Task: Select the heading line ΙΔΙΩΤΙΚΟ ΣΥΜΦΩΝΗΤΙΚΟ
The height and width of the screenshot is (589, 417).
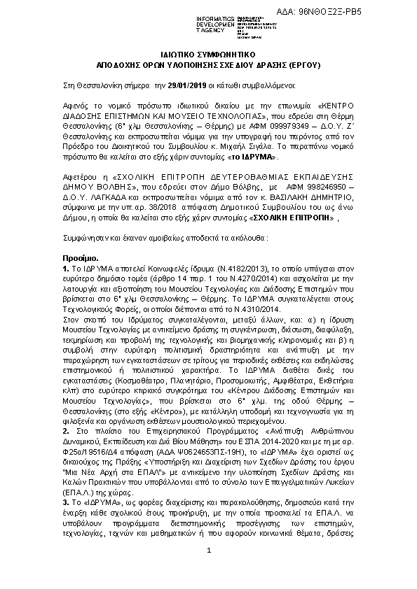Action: coord(209,54)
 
